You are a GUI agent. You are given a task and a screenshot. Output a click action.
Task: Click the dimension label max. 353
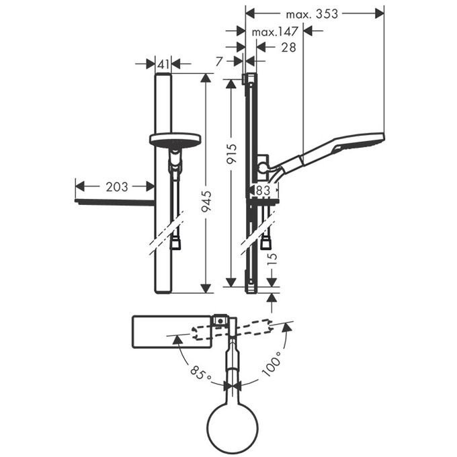coord(312,13)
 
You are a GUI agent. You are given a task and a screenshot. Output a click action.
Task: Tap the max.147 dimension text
coord(275,32)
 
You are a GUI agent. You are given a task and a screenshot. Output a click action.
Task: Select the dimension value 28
coord(288,47)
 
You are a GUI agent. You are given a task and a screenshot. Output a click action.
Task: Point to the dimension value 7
coord(220,62)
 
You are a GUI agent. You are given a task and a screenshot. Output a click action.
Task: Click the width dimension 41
coord(163,64)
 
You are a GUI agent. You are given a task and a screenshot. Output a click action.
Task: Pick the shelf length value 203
coord(117,187)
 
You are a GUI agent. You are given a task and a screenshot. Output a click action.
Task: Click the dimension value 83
coord(263,191)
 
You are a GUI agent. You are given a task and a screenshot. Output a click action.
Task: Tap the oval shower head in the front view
coord(175,140)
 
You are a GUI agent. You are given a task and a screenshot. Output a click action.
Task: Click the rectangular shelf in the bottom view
coord(171,332)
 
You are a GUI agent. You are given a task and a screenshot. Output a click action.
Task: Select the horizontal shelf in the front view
coord(114,202)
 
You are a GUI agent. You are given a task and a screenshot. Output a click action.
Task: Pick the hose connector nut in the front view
coord(175,244)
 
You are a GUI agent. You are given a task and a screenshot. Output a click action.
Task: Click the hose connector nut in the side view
coord(265,243)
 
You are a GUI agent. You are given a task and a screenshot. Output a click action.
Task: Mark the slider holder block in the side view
coord(263,167)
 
